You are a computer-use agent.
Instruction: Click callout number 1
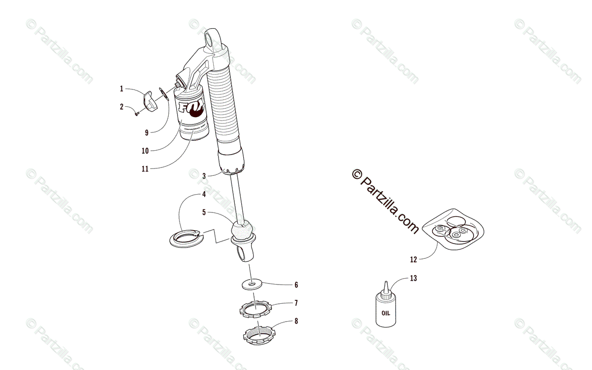click(x=121, y=89)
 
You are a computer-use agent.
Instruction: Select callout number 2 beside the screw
click(x=121, y=106)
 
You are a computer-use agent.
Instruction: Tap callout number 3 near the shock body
click(x=204, y=175)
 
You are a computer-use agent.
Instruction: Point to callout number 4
click(x=204, y=194)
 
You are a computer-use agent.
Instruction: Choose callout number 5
click(x=204, y=212)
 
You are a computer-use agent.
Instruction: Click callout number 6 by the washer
click(x=296, y=285)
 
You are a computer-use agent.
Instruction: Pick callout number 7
click(x=296, y=302)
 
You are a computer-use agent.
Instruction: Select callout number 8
click(x=296, y=321)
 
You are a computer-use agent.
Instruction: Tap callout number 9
click(x=147, y=132)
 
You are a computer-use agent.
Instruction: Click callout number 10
click(x=145, y=150)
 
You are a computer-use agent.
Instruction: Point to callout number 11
click(x=145, y=168)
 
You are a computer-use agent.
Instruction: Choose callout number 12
click(x=413, y=259)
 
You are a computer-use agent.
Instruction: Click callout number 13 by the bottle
click(x=413, y=278)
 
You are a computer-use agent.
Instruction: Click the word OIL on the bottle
click(x=386, y=312)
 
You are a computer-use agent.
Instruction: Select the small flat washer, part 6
click(x=252, y=285)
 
